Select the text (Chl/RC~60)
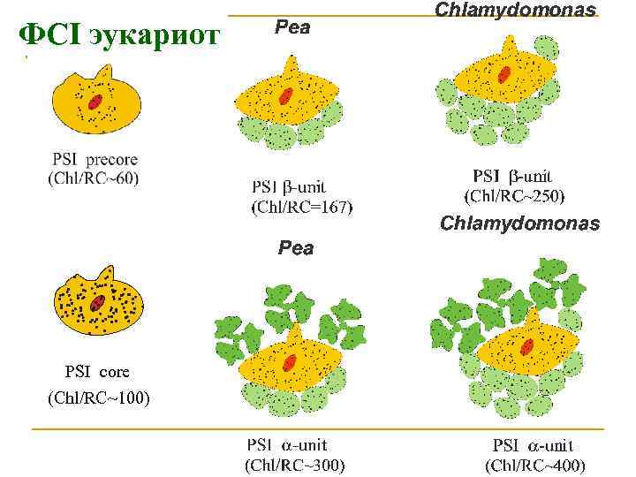coord(94,178)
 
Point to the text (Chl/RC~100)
coord(99,398)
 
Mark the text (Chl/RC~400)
coord(535,465)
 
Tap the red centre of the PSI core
coord(96,305)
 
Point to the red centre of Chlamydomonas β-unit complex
coord(503,75)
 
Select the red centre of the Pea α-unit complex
coord(290,362)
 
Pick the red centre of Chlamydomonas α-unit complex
coord(527,345)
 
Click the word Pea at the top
coord(292,27)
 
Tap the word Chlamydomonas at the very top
coord(515,9)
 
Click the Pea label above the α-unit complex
coord(295,248)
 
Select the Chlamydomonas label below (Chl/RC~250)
coord(519,223)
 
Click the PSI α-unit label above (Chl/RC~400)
coord(533,446)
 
